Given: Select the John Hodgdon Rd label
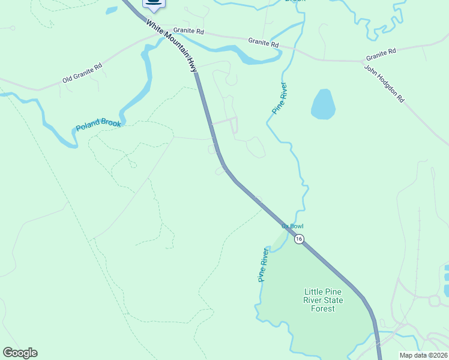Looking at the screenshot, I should click(384, 84).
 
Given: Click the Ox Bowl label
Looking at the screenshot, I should click(293, 226).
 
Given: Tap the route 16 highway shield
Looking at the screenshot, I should click(299, 239).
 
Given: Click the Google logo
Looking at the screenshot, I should click(20, 353).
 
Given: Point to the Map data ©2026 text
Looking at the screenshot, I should click(424, 355).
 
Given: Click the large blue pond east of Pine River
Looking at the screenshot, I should click(322, 104).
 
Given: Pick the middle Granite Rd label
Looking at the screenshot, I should click(264, 42).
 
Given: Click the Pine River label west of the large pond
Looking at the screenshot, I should click(279, 98).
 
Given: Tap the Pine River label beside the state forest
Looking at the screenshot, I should click(262, 265).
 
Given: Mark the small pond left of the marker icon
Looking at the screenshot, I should click(112, 10).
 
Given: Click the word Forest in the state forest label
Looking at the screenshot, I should click(323, 309).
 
